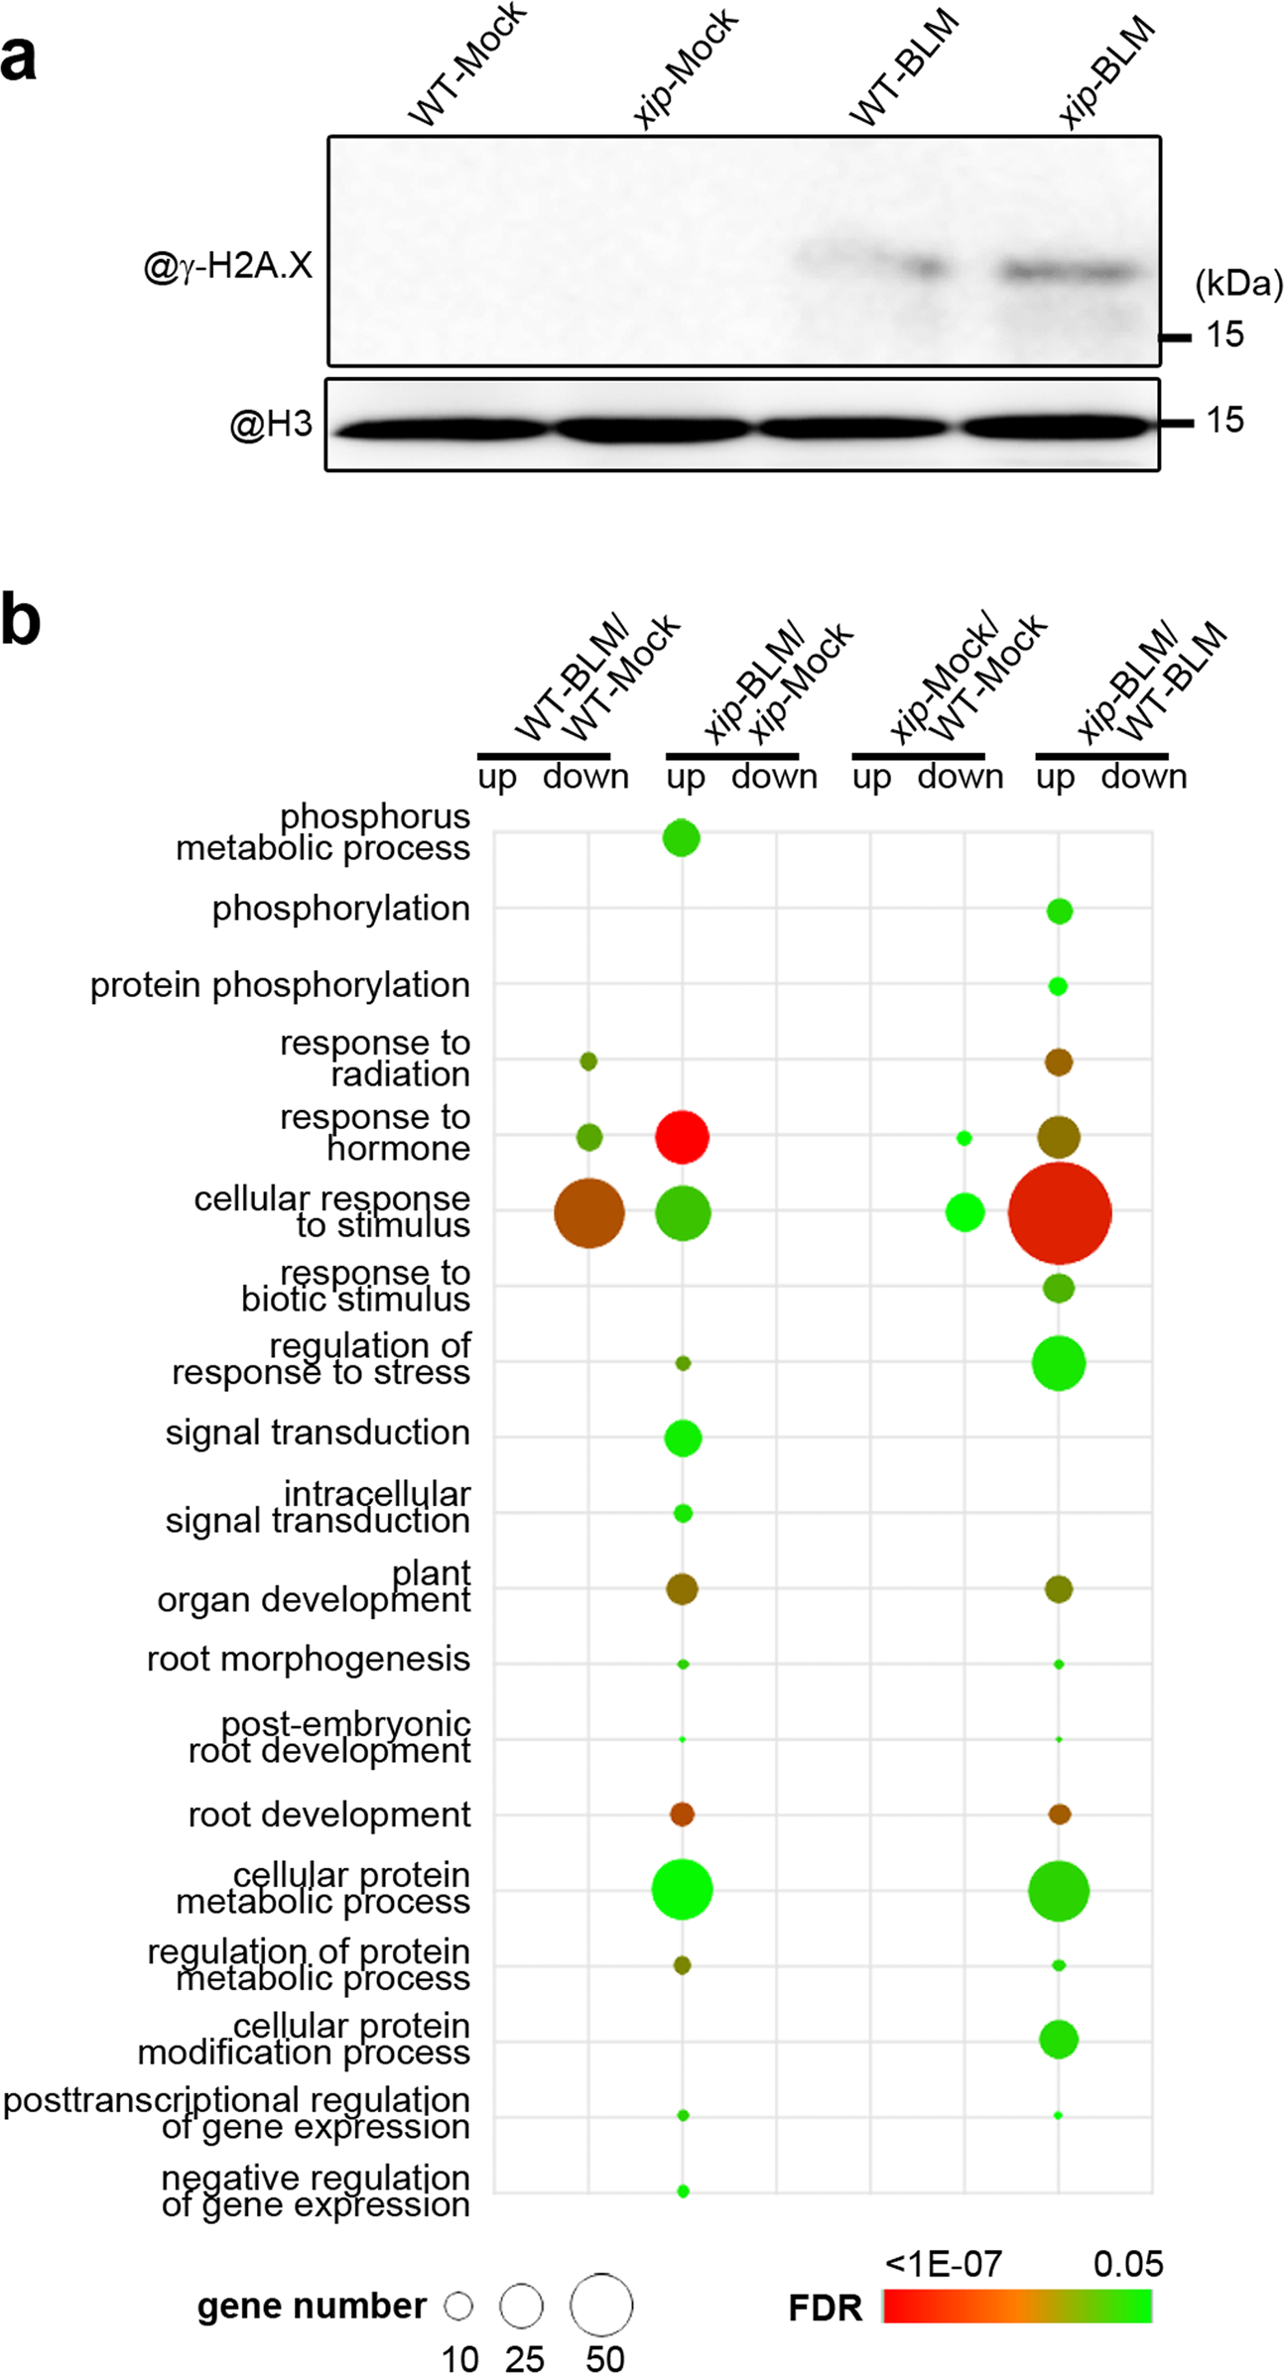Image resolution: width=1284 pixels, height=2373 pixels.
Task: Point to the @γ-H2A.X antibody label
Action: pos(227,266)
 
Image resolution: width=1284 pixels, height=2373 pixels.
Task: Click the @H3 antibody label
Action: pos(271,425)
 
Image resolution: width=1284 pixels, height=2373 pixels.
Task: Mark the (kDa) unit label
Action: pos(1237,284)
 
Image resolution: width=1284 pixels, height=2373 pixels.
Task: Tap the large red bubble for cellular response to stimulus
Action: pos(1059,1212)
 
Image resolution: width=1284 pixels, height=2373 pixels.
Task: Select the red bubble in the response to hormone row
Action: pos(682,1137)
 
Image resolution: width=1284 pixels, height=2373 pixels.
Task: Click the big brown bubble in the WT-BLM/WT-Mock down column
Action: pos(588,1212)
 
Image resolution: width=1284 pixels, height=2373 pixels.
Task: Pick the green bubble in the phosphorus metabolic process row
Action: pos(681,838)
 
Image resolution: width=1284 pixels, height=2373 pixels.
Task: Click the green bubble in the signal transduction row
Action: pos(683,1437)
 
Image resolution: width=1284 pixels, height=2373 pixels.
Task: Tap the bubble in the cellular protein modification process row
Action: pos(1058,2040)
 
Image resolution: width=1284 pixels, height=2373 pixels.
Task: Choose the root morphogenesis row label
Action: pos(308,1659)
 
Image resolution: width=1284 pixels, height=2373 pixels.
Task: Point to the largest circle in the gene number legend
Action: pos(600,2305)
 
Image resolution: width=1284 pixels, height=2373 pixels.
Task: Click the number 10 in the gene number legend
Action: pos(459,2358)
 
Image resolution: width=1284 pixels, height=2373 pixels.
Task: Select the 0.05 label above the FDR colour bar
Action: pos(1127,2264)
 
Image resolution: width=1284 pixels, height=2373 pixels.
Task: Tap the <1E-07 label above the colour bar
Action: pos(943,2264)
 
